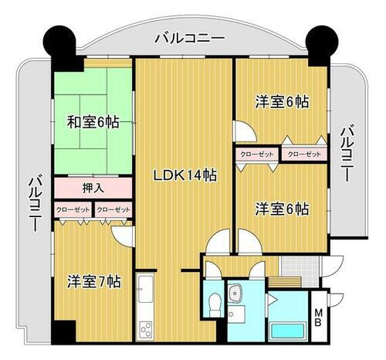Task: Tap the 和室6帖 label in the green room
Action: coord(92,122)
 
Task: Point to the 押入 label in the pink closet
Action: coord(93,188)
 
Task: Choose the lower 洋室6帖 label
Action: coord(282,209)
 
